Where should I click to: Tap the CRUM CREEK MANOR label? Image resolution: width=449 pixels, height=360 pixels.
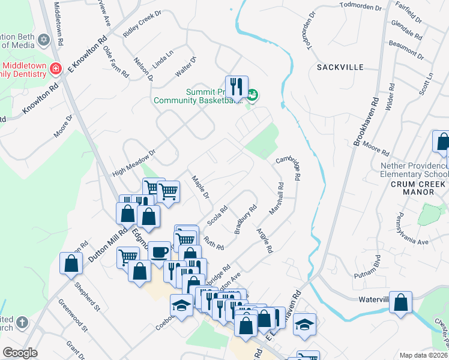coord(412,188)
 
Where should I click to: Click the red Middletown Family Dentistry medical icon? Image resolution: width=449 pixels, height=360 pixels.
coord(56,68)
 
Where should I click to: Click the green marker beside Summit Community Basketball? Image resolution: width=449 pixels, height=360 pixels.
coord(253,94)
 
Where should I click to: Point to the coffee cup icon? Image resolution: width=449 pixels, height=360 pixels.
coord(159,252)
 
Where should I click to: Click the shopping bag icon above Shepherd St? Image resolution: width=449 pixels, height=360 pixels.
coord(71,263)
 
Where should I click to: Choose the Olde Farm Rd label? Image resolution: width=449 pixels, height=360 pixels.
coord(115,62)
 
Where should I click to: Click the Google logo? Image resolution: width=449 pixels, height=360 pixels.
coord(20,353)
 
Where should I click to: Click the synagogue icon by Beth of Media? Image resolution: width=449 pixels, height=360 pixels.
coord(43,40)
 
